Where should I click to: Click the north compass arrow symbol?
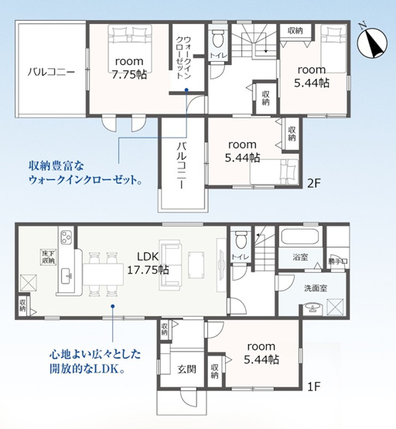pyautogui.click(x=373, y=40)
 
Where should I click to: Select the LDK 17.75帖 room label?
pyautogui.click(x=147, y=263)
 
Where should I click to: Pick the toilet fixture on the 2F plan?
pyautogui.click(x=218, y=38)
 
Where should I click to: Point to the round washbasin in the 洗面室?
pyautogui.click(x=315, y=308)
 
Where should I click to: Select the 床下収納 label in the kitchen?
pyautogui.click(x=48, y=257)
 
